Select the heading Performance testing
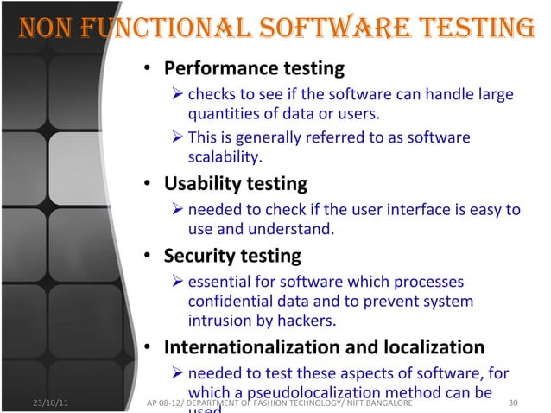[254, 67]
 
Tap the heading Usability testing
[235, 183]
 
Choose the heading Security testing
[232, 256]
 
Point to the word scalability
[225, 157]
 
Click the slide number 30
[516, 403]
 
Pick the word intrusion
[219, 321]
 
